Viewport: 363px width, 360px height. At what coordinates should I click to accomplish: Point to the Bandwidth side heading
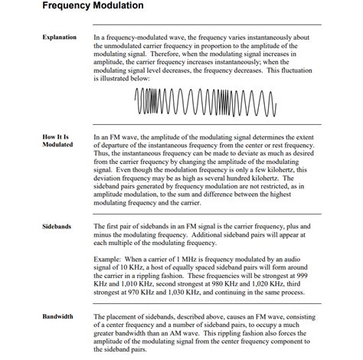58,316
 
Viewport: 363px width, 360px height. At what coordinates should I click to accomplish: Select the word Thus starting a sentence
101,152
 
